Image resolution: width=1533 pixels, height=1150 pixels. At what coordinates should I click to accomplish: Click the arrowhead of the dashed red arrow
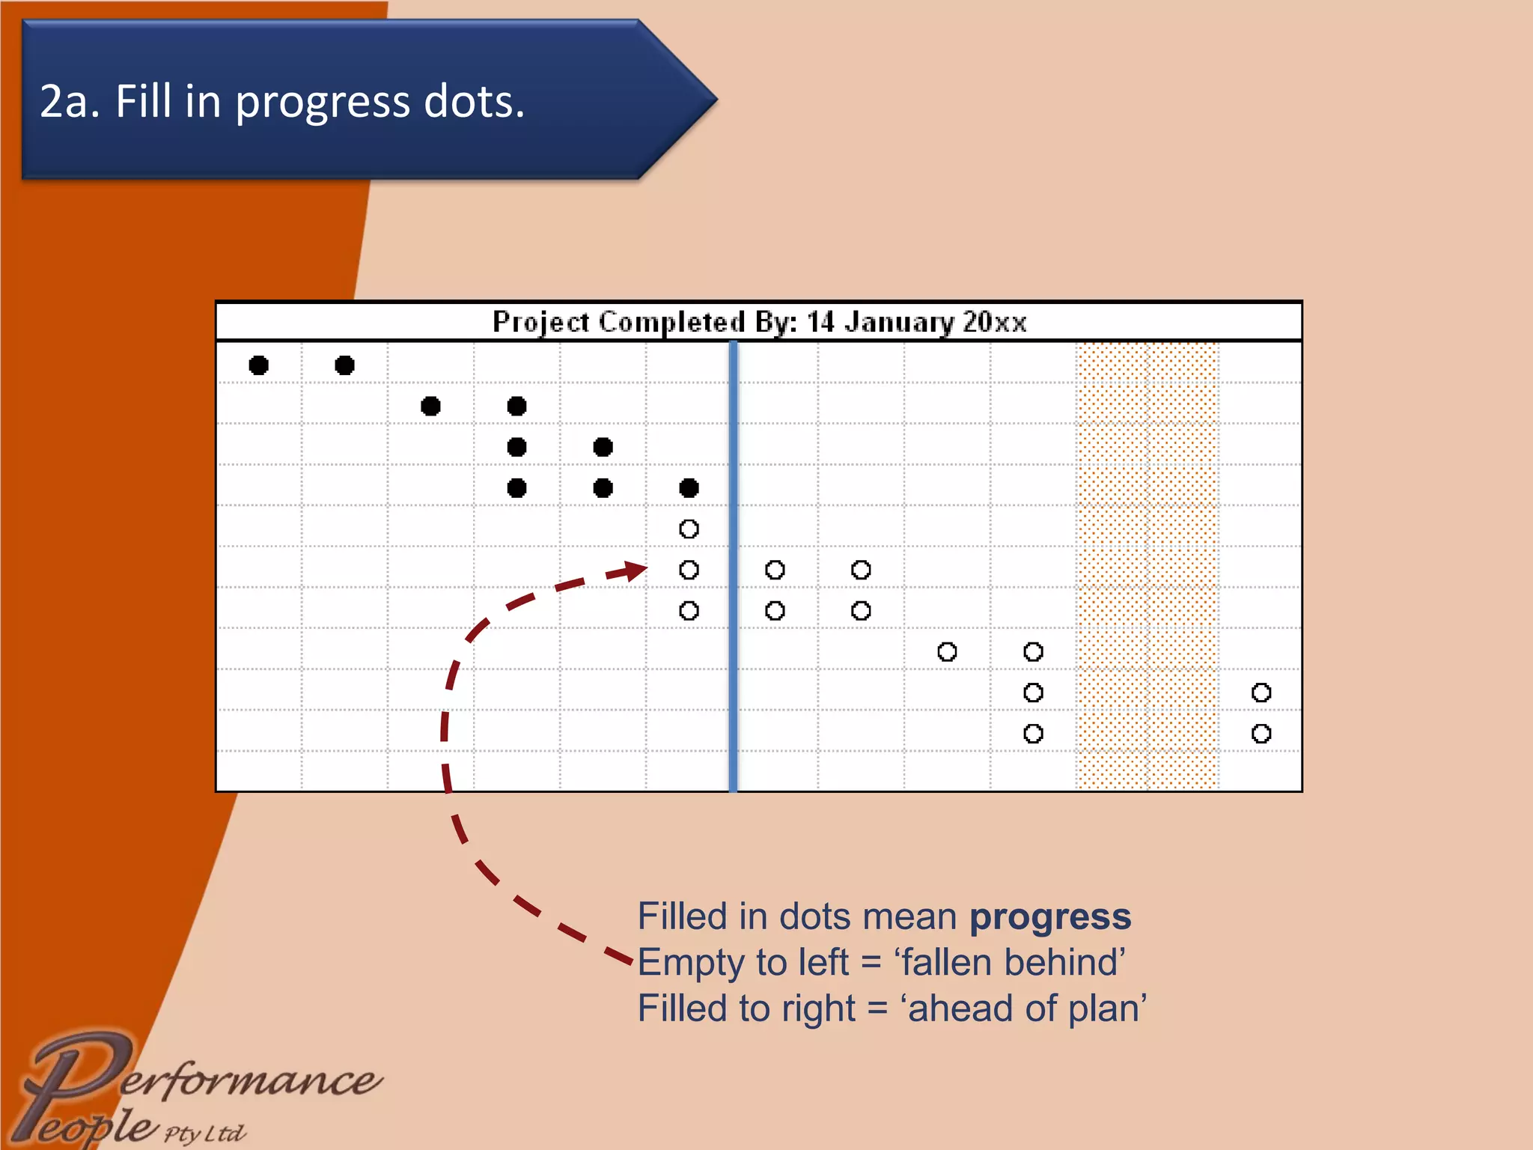point(636,571)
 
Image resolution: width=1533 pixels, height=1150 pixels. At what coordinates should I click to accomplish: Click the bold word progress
point(1050,916)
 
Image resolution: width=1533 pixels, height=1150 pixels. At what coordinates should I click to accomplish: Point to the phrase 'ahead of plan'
point(1026,1008)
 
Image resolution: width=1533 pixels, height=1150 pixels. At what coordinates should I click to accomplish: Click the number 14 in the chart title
point(820,322)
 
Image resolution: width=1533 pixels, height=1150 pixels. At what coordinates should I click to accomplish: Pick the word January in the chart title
point(899,322)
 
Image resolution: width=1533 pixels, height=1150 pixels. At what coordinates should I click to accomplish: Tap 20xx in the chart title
point(994,322)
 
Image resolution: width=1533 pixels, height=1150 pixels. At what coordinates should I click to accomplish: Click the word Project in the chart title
point(541,322)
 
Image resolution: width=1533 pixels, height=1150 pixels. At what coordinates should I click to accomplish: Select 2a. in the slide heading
point(70,102)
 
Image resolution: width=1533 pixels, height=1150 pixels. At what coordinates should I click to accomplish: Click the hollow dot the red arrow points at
point(689,571)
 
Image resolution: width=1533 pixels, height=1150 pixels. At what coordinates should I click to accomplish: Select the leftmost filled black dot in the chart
point(258,365)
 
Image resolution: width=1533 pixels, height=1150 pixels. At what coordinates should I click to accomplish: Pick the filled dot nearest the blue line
point(689,489)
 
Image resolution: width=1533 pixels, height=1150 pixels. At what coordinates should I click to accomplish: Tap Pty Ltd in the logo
point(204,1133)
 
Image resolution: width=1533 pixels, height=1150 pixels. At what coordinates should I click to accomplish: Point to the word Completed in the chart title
point(671,322)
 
